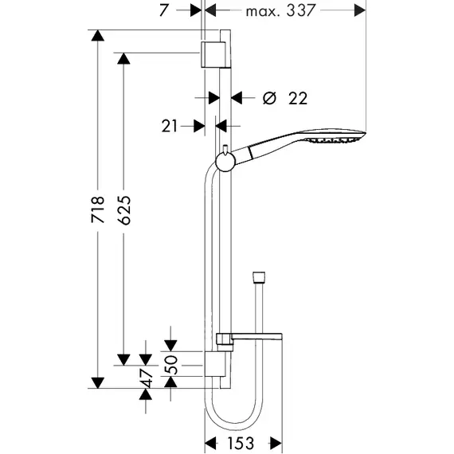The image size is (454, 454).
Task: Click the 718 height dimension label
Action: point(98,209)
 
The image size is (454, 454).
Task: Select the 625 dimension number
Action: point(125,210)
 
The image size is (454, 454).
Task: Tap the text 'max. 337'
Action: point(280,10)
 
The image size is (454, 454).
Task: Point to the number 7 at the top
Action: point(163,10)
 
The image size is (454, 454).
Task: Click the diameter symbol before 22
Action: point(269,98)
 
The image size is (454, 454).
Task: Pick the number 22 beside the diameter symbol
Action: point(298,99)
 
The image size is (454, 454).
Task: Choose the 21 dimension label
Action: point(170,126)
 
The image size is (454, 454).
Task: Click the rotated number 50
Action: point(171,365)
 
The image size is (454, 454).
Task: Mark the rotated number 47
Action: point(147,378)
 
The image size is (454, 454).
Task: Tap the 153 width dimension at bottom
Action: point(241,444)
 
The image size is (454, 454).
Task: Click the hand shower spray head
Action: point(336,136)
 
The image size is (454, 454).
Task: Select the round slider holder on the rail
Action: point(224,162)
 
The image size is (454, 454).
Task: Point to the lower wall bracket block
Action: point(215,364)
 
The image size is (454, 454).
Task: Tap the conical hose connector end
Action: point(259,277)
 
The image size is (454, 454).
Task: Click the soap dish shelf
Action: point(249,339)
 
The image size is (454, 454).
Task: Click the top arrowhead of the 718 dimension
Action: point(98,36)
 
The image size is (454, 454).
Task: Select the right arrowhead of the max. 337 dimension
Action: point(360,10)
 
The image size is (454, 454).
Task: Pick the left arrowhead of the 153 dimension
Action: point(210,444)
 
